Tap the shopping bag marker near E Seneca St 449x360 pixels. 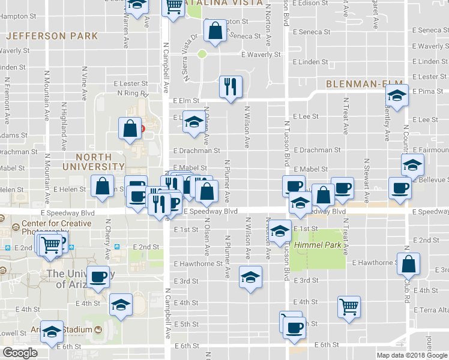tap(215, 30)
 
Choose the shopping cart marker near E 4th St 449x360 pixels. tap(348, 307)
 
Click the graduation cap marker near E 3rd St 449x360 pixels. tap(250, 276)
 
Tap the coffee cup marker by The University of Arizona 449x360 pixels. tap(98, 277)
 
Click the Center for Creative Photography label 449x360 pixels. tap(56, 228)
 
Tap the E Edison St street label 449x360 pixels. tap(312, 3)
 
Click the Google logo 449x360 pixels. tap(20, 353)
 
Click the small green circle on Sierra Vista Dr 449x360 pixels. tap(202, 54)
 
